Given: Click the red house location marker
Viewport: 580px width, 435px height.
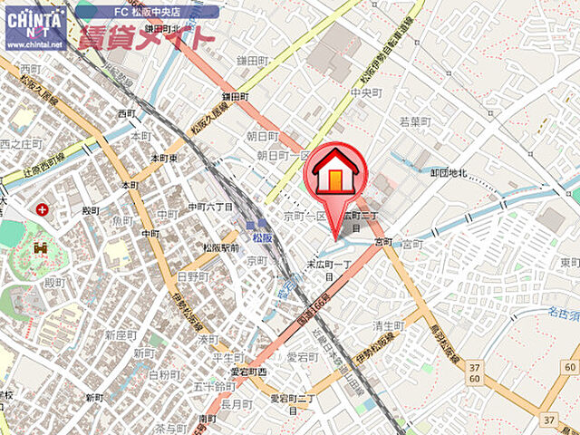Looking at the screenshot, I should [x=337, y=171].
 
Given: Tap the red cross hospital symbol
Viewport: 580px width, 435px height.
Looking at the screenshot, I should [x=42, y=209].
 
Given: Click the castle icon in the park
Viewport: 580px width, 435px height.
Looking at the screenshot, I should [x=40, y=247].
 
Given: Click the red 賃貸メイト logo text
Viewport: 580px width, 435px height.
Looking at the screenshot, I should [x=146, y=36].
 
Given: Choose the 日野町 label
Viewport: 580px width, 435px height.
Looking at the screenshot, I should [x=192, y=275].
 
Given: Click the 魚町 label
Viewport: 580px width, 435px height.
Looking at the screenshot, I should [x=122, y=220].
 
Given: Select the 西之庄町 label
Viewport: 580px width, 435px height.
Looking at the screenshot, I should [x=22, y=143].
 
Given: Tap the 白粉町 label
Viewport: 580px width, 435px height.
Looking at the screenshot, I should [x=163, y=373].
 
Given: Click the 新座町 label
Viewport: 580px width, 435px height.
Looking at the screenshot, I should [x=120, y=334].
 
